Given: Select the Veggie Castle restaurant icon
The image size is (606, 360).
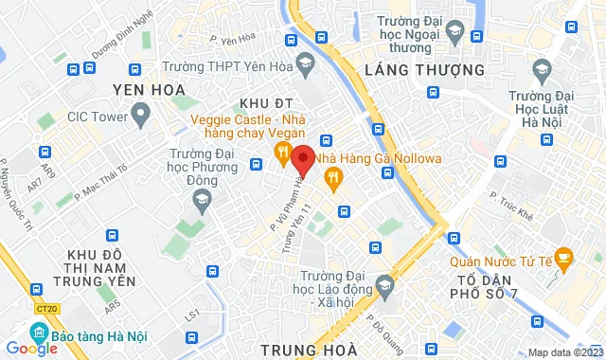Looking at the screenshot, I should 281,152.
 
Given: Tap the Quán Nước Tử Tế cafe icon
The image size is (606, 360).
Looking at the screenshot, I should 562,255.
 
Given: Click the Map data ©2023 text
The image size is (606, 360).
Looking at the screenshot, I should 564,352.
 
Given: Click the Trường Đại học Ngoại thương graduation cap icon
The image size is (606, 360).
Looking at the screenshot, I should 454,34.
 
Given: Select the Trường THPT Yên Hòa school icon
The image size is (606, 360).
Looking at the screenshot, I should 305,66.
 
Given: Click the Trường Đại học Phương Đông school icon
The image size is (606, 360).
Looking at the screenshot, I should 201,198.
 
